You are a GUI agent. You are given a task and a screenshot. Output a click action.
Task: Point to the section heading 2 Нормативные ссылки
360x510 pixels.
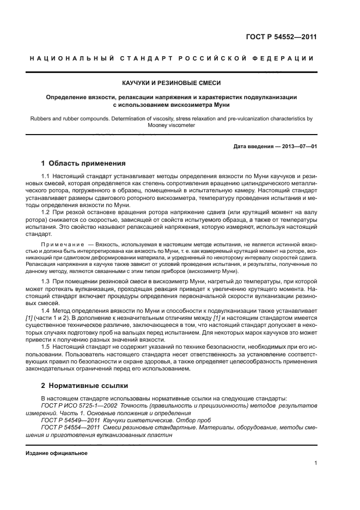coord(85,385)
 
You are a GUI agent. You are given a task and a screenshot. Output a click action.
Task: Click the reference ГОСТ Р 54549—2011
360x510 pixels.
coord(66,421)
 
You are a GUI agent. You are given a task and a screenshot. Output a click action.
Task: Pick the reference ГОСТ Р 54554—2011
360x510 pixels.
coord(66,428)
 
